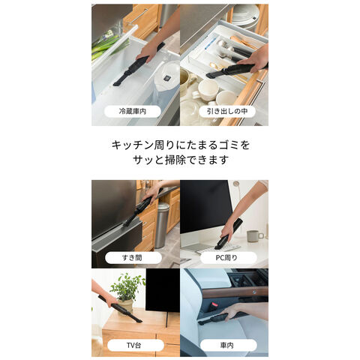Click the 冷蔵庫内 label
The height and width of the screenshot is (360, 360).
point(133,111)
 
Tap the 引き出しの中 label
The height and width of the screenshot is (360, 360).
point(227,111)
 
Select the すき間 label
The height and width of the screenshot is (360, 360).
point(133,257)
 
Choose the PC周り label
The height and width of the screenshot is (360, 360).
point(226,257)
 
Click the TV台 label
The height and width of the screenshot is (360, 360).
point(133,345)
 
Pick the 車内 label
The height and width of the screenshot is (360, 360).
point(227,345)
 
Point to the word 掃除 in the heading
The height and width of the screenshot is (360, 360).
point(175,160)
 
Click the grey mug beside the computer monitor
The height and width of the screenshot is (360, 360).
point(254,235)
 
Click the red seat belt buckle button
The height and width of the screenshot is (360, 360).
point(213,306)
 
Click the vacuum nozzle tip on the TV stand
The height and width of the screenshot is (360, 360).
point(138,321)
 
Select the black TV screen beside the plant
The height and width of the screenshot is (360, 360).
point(163,290)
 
